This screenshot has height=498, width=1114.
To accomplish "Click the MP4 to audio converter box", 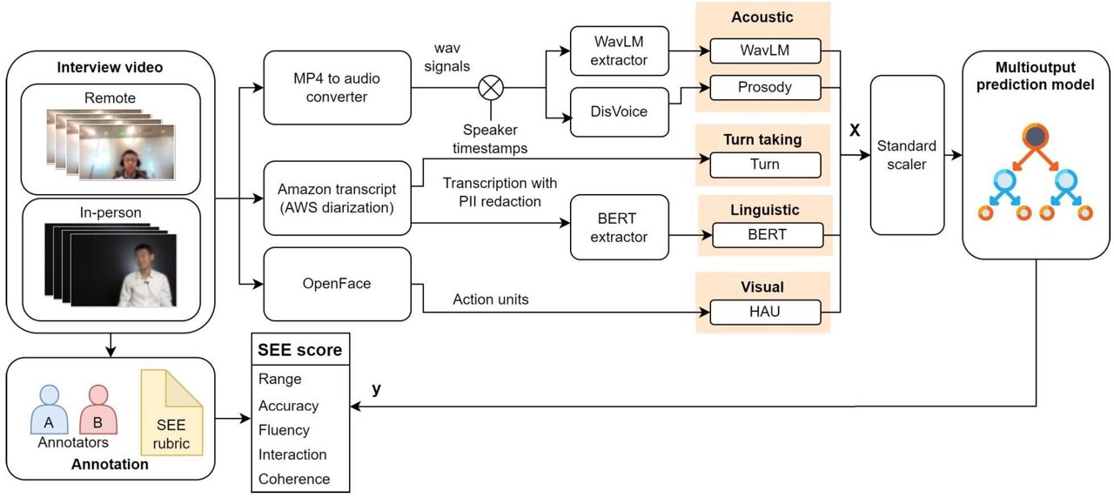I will tap(336, 88).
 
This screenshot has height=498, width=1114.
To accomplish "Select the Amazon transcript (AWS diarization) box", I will tap(336, 199).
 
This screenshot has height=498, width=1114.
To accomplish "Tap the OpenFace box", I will tap(336, 283).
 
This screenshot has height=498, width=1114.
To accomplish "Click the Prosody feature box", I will tap(765, 87).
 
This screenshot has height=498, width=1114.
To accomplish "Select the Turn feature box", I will tap(765, 165).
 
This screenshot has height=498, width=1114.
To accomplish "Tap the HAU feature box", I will tap(765, 312).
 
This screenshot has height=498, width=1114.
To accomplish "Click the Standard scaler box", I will tap(907, 154).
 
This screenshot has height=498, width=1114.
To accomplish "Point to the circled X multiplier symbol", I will tap(491, 88).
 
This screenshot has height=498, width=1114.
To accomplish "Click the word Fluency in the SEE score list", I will tap(284, 430).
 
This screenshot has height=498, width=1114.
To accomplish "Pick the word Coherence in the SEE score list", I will tap(294, 479).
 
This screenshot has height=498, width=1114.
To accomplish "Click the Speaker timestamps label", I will tap(494, 139).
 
